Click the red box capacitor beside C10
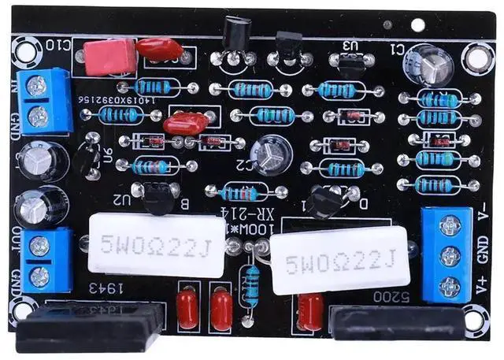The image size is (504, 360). click(110, 56)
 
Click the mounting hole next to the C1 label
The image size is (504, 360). click(478, 57)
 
